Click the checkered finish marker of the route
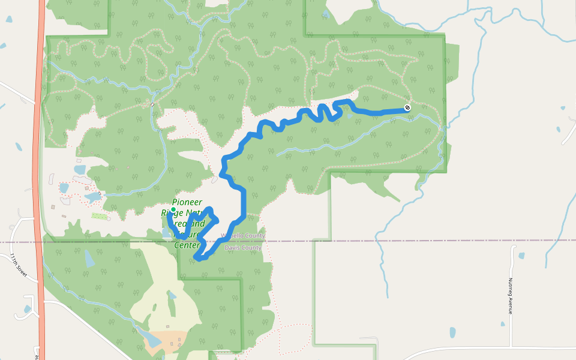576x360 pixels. [x=407, y=108]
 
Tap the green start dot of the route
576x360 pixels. [x=173, y=209]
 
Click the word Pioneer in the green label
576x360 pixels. [x=187, y=202]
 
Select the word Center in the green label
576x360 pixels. [x=187, y=245]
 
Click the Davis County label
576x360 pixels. [x=243, y=247]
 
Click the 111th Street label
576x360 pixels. [x=20, y=265]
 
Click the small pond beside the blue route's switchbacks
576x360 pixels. [x=350, y=116]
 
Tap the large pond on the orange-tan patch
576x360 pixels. [x=152, y=340]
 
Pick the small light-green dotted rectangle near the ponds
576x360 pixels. [x=100, y=215]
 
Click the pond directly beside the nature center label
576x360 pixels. [x=166, y=232]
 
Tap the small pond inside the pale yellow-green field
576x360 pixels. [x=172, y=295]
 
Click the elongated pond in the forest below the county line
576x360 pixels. [x=89, y=258]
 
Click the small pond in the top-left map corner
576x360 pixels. [x=9, y=19]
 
